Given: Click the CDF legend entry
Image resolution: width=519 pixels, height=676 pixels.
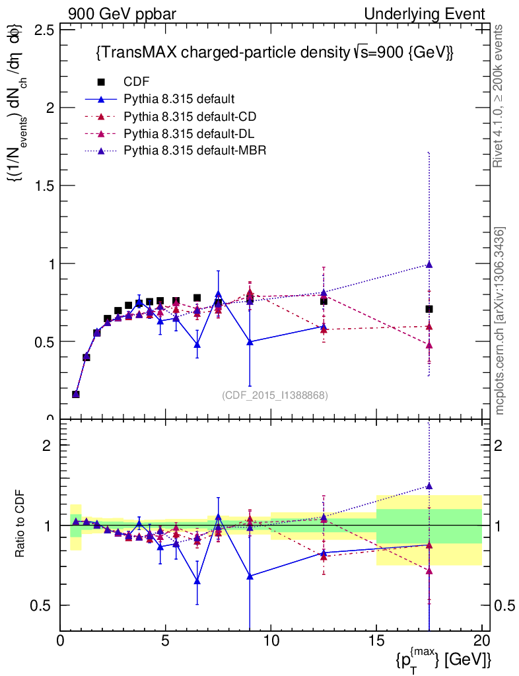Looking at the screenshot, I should click(x=136, y=83).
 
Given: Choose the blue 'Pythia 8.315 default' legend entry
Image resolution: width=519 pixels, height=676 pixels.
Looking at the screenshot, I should click(x=179, y=100).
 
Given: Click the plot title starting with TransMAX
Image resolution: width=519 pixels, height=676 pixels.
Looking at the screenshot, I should click(x=275, y=53).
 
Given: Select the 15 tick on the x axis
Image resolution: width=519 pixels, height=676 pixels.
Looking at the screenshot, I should click(x=376, y=640).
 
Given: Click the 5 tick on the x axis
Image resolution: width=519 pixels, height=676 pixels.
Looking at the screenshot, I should click(x=166, y=640).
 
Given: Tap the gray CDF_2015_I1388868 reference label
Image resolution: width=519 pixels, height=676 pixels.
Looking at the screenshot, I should click(x=275, y=395).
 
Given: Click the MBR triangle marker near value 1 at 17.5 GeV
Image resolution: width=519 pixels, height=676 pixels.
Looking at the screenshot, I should click(x=429, y=265).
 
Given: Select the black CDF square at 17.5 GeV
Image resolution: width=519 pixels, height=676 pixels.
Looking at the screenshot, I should click(x=429, y=309).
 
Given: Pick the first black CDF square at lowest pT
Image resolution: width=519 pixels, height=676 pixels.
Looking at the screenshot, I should click(x=76, y=394).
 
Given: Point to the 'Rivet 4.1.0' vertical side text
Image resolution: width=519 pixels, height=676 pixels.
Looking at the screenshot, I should click(x=499, y=96).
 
